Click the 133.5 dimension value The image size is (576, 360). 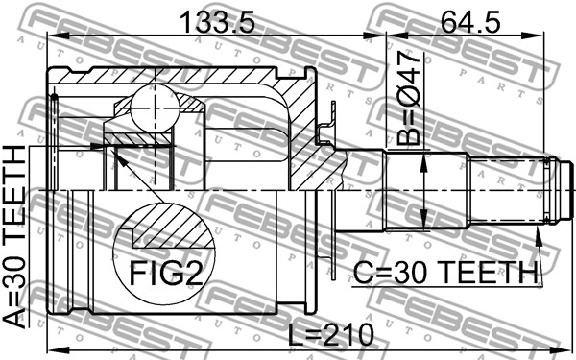click(x=218, y=22)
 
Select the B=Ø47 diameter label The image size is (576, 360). click(x=409, y=98)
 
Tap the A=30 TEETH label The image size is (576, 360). click(x=14, y=236)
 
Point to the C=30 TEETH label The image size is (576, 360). click(x=445, y=273)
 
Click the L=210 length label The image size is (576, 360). click(x=330, y=334)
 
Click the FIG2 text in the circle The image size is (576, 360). click(x=166, y=274)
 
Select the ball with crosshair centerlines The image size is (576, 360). click(x=155, y=108)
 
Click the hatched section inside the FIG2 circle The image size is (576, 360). click(x=170, y=227)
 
